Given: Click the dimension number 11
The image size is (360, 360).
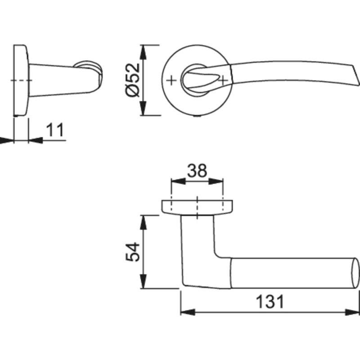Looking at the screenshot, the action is point(55,130).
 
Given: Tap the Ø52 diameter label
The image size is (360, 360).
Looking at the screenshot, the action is point(133,80).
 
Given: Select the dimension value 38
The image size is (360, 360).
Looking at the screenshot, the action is point(197,171).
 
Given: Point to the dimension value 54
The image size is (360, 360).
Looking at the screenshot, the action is point(133,252).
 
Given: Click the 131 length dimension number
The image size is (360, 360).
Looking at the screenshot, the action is point(270,301).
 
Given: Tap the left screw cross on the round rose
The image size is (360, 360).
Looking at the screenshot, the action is point(171,81).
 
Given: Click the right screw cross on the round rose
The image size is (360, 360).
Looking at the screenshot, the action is point(223,81).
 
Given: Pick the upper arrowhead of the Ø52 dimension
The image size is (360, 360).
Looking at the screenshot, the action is point(143,52).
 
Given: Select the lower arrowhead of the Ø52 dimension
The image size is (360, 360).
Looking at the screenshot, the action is point(143,108).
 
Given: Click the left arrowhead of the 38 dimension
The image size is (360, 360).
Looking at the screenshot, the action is point(178,181).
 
